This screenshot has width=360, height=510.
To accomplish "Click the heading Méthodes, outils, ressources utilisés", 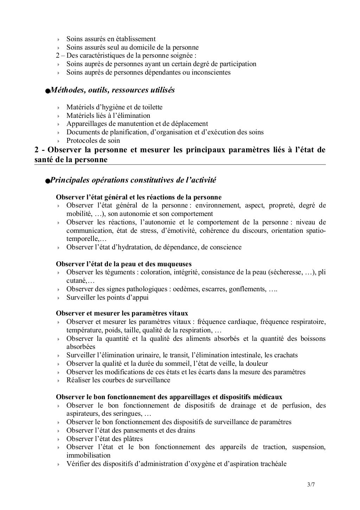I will tap(112, 90).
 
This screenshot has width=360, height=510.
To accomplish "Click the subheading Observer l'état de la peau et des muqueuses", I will tap(124, 264).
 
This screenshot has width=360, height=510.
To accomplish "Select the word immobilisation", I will tap(89, 455).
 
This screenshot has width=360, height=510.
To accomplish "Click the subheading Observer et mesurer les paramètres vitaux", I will tap(122, 313).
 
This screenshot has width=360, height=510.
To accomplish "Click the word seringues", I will tap(127, 414).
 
